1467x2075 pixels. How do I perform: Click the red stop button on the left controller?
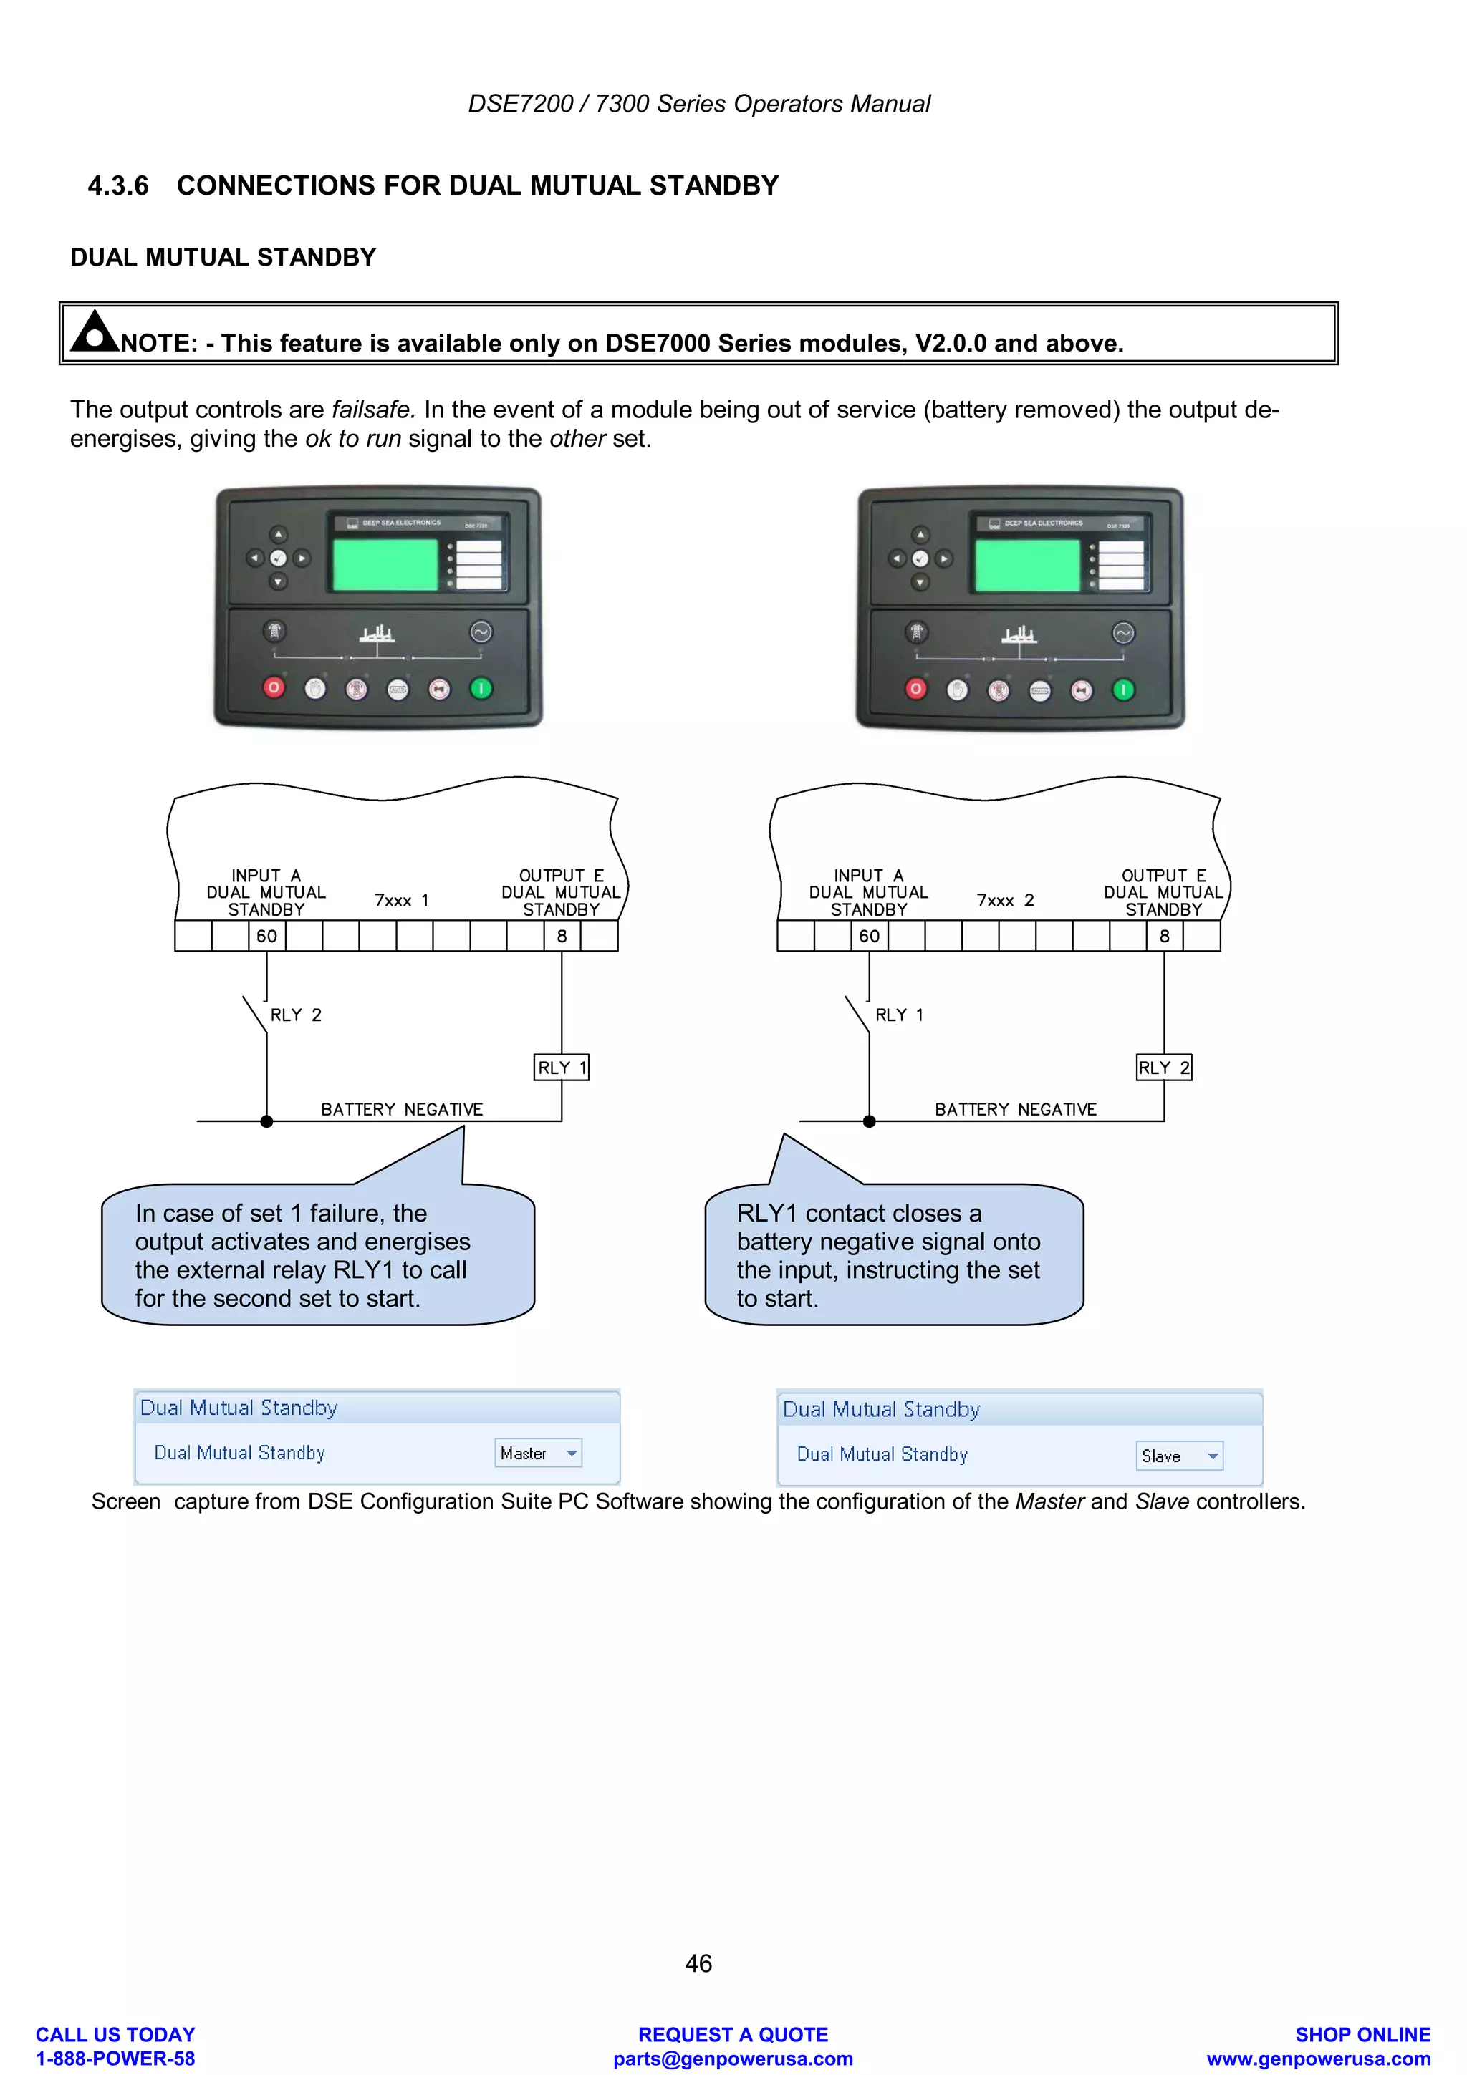(x=274, y=689)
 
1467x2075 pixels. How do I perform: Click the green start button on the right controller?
(x=1123, y=690)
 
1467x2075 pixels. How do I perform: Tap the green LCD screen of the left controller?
(x=385, y=565)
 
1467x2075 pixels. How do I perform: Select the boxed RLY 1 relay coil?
(x=562, y=1068)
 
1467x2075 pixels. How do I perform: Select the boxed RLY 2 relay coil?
(x=1164, y=1068)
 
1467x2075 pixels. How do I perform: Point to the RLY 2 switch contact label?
(x=296, y=1015)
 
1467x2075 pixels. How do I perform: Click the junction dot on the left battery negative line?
(x=266, y=1121)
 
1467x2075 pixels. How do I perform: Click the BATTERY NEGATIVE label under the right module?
(x=1015, y=1109)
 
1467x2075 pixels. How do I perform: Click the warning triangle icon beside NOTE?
(x=94, y=332)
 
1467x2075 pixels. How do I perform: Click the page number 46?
(x=698, y=1963)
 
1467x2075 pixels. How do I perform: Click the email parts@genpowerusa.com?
(x=733, y=2059)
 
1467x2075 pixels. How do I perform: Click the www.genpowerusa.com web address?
(x=1318, y=2059)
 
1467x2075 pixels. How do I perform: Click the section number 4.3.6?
(x=117, y=186)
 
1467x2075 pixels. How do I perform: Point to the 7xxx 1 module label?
(x=401, y=900)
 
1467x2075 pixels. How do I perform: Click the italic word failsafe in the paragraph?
(x=372, y=410)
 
